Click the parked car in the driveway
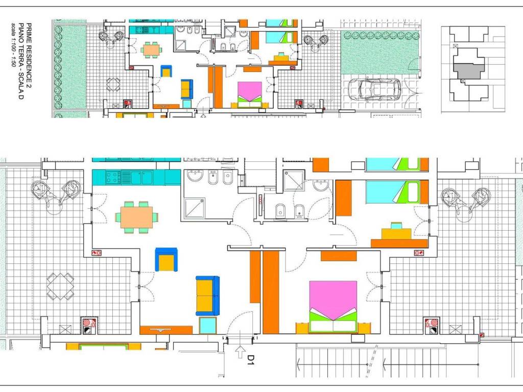375,89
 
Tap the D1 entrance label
251,360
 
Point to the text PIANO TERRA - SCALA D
21,61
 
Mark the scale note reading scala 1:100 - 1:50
13,44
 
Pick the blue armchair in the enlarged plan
166,259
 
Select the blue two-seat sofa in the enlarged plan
207,296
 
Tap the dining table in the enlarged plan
137,217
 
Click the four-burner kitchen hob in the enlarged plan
113,177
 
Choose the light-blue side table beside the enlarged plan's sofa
208,325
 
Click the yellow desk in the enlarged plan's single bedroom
396,233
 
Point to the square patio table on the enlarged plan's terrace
60,286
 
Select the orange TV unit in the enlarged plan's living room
166,330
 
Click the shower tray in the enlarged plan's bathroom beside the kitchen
195,208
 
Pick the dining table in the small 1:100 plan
151,50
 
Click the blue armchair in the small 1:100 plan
166,71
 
